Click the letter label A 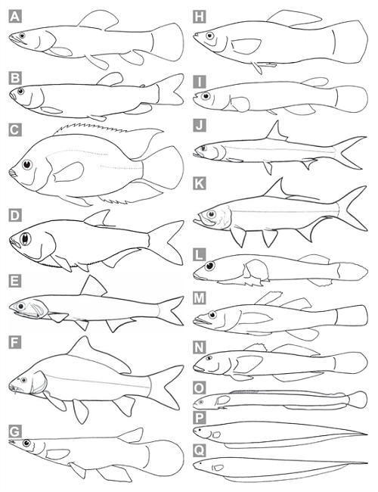coord(14,17)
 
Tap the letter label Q coord(200,450)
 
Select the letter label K coord(200,183)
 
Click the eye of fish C coord(27,164)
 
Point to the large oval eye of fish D coord(26,239)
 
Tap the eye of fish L coord(209,266)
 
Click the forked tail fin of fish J coord(349,153)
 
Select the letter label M coord(200,297)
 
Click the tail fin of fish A coord(167,42)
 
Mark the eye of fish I coord(206,96)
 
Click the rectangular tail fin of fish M coord(352,316)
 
